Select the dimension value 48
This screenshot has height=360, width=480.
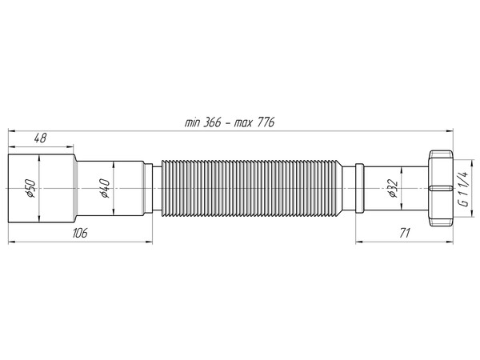pyautogui.click(x=40, y=138)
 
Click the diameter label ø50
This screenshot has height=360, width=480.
pyautogui.click(x=28, y=189)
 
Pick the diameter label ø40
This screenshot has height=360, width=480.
pyautogui.click(x=103, y=189)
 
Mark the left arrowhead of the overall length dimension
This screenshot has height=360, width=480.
pyautogui.click(x=12, y=130)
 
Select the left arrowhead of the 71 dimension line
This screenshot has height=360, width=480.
pyautogui.click(x=357, y=241)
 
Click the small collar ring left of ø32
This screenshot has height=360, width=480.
pyautogui.click(x=360, y=189)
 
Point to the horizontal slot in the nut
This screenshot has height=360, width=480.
pyautogui.click(x=442, y=189)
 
